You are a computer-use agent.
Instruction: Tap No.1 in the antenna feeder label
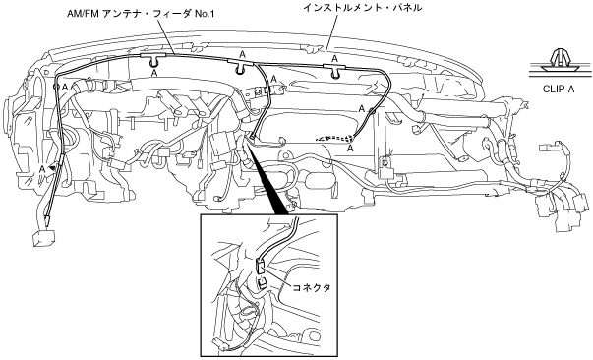(x=205, y=15)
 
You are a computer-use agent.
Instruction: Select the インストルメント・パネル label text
(x=362, y=8)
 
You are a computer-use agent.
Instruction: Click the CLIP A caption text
(x=559, y=90)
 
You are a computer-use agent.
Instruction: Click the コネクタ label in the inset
(x=311, y=287)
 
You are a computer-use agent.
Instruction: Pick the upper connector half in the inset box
(x=261, y=266)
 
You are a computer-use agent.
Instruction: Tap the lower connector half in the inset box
(x=263, y=283)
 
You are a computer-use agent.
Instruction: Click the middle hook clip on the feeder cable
(x=241, y=67)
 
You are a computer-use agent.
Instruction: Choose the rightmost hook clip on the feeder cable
(x=334, y=71)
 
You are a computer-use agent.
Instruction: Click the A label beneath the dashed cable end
(x=350, y=149)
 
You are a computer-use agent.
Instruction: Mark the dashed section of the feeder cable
(x=334, y=138)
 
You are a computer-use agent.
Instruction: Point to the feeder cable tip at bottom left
(x=47, y=219)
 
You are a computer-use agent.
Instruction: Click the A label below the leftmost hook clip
(x=154, y=73)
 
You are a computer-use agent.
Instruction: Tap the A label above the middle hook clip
(x=243, y=55)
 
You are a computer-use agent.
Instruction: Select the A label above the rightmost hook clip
(x=334, y=59)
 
